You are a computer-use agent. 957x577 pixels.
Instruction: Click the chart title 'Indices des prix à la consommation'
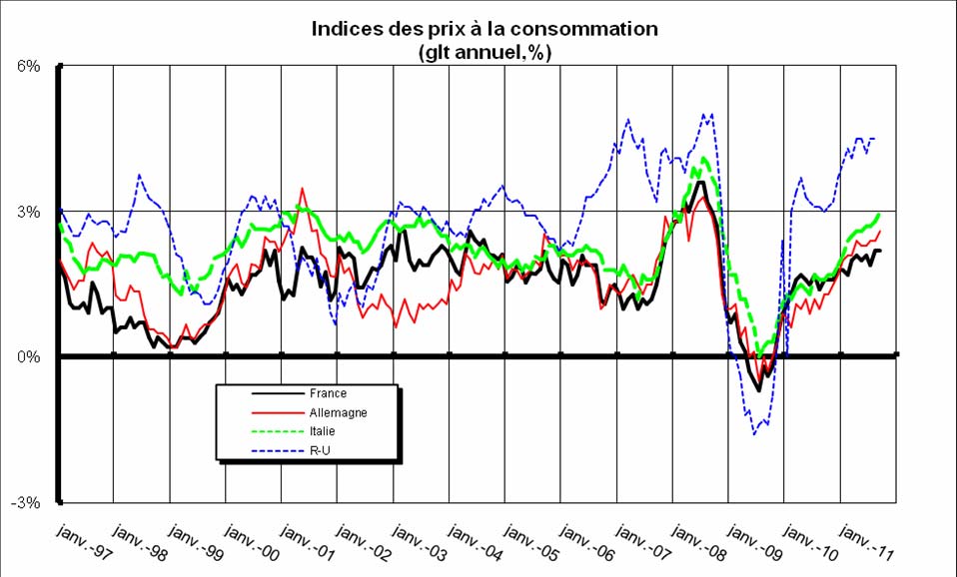click(484, 29)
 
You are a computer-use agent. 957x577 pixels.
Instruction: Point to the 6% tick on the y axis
click(26, 67)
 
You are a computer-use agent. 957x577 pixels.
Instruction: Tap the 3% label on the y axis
click(26, 213)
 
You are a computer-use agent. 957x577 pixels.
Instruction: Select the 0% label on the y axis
click(26, 356)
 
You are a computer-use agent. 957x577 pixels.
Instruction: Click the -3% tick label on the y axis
click(24, 502)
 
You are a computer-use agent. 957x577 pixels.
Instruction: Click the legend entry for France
click(327, 393)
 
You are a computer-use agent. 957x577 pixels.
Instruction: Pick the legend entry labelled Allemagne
click(338, 412)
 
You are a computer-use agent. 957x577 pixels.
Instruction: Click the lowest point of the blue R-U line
click(755, 434)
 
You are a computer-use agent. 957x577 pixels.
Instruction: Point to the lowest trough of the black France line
click(759, 390)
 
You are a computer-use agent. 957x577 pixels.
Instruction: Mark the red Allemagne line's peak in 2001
click(302, 188)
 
